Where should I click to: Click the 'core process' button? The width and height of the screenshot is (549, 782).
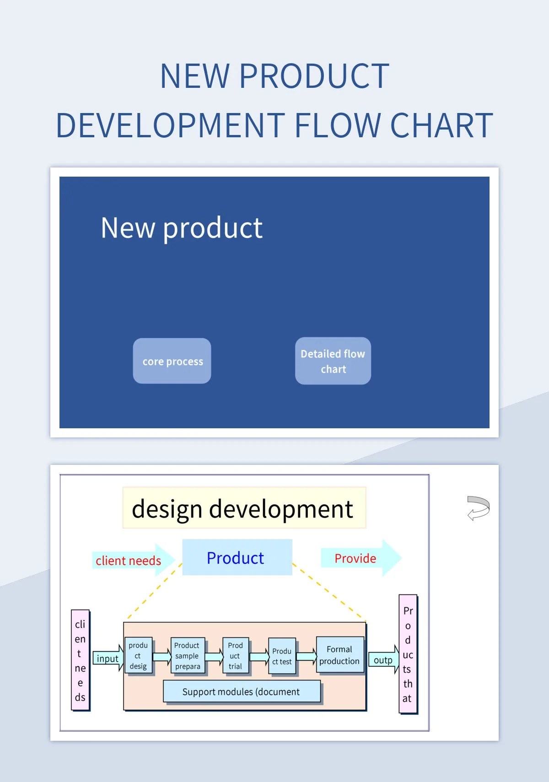pyautogui.click(x=172, y=361)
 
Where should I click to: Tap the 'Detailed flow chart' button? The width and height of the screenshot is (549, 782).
pyautogui.click(x=333, y=361)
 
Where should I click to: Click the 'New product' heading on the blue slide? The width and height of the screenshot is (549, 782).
pyautogui.click(x=182, y=228)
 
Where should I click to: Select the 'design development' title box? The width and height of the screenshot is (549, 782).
pyautogui.click(x=244, y=508)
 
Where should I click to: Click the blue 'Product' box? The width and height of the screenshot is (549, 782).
pyautogui.click(x=237, y=557)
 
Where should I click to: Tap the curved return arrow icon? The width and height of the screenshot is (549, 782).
pyautogui.click(x=479, y=508)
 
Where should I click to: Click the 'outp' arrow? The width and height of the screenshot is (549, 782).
pyautogui.click(x=383, y=660)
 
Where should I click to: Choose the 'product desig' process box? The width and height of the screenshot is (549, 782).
pyautogui.click(x=138, y=656)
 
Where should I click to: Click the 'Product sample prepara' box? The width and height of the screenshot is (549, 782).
pyautogui.click(x=188, y=656)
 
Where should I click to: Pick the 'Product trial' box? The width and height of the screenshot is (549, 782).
pyautogui.click(x=236, y=656)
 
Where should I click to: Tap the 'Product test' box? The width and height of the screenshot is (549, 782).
pyautogui.click(x=282, y=656)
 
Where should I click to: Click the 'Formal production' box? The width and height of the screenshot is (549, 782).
pyautogui.click(x=340, y=655)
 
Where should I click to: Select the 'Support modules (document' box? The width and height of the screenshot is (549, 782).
pyautogui.click(x=242, y=691)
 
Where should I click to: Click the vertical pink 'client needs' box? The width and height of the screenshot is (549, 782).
pyautogui.click(x=81, y=660)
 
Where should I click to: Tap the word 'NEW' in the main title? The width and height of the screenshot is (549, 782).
pyautogui.click(x=194, y=76)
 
